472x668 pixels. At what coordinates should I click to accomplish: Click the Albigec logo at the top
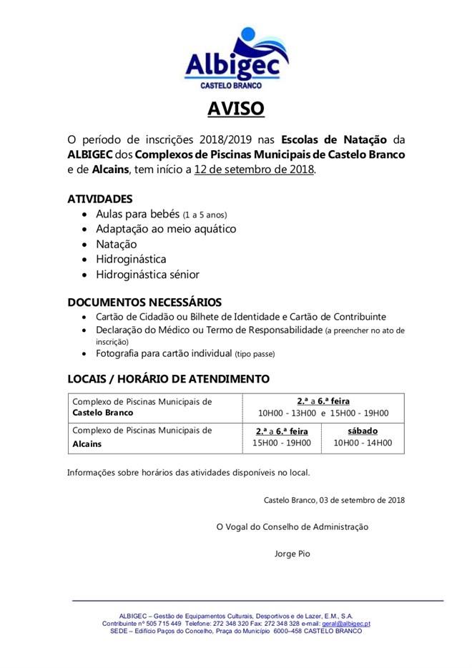tap(236, 58)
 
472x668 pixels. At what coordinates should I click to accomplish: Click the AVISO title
tap(236, 109)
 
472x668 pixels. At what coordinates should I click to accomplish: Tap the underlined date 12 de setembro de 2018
tap(254, 170)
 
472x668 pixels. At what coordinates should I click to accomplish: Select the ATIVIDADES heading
tap(100, 198)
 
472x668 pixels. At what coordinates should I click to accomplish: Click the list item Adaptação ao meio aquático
tap(166, 229)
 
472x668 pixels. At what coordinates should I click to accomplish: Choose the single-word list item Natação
tap(117, 244)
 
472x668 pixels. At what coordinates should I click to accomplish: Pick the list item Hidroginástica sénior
tap(148, 275)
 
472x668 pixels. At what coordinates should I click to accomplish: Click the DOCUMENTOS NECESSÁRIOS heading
tap(144, 302)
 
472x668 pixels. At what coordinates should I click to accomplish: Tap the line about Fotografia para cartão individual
tap(185, 353)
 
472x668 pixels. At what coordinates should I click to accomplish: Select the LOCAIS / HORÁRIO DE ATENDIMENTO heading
tap(168, 378)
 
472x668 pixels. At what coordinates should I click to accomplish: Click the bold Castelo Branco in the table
tap(103, 413)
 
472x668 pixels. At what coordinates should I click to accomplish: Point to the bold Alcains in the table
tap(87, 443)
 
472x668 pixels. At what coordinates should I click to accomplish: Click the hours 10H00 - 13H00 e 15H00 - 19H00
tap(323, 413)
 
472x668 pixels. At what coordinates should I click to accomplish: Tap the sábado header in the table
tap(363, 431)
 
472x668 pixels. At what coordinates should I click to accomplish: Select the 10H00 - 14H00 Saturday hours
tap(363, 443)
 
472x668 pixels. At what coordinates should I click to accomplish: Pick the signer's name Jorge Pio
tap(292, 553)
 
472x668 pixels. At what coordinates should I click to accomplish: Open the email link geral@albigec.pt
tap(345, 624)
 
